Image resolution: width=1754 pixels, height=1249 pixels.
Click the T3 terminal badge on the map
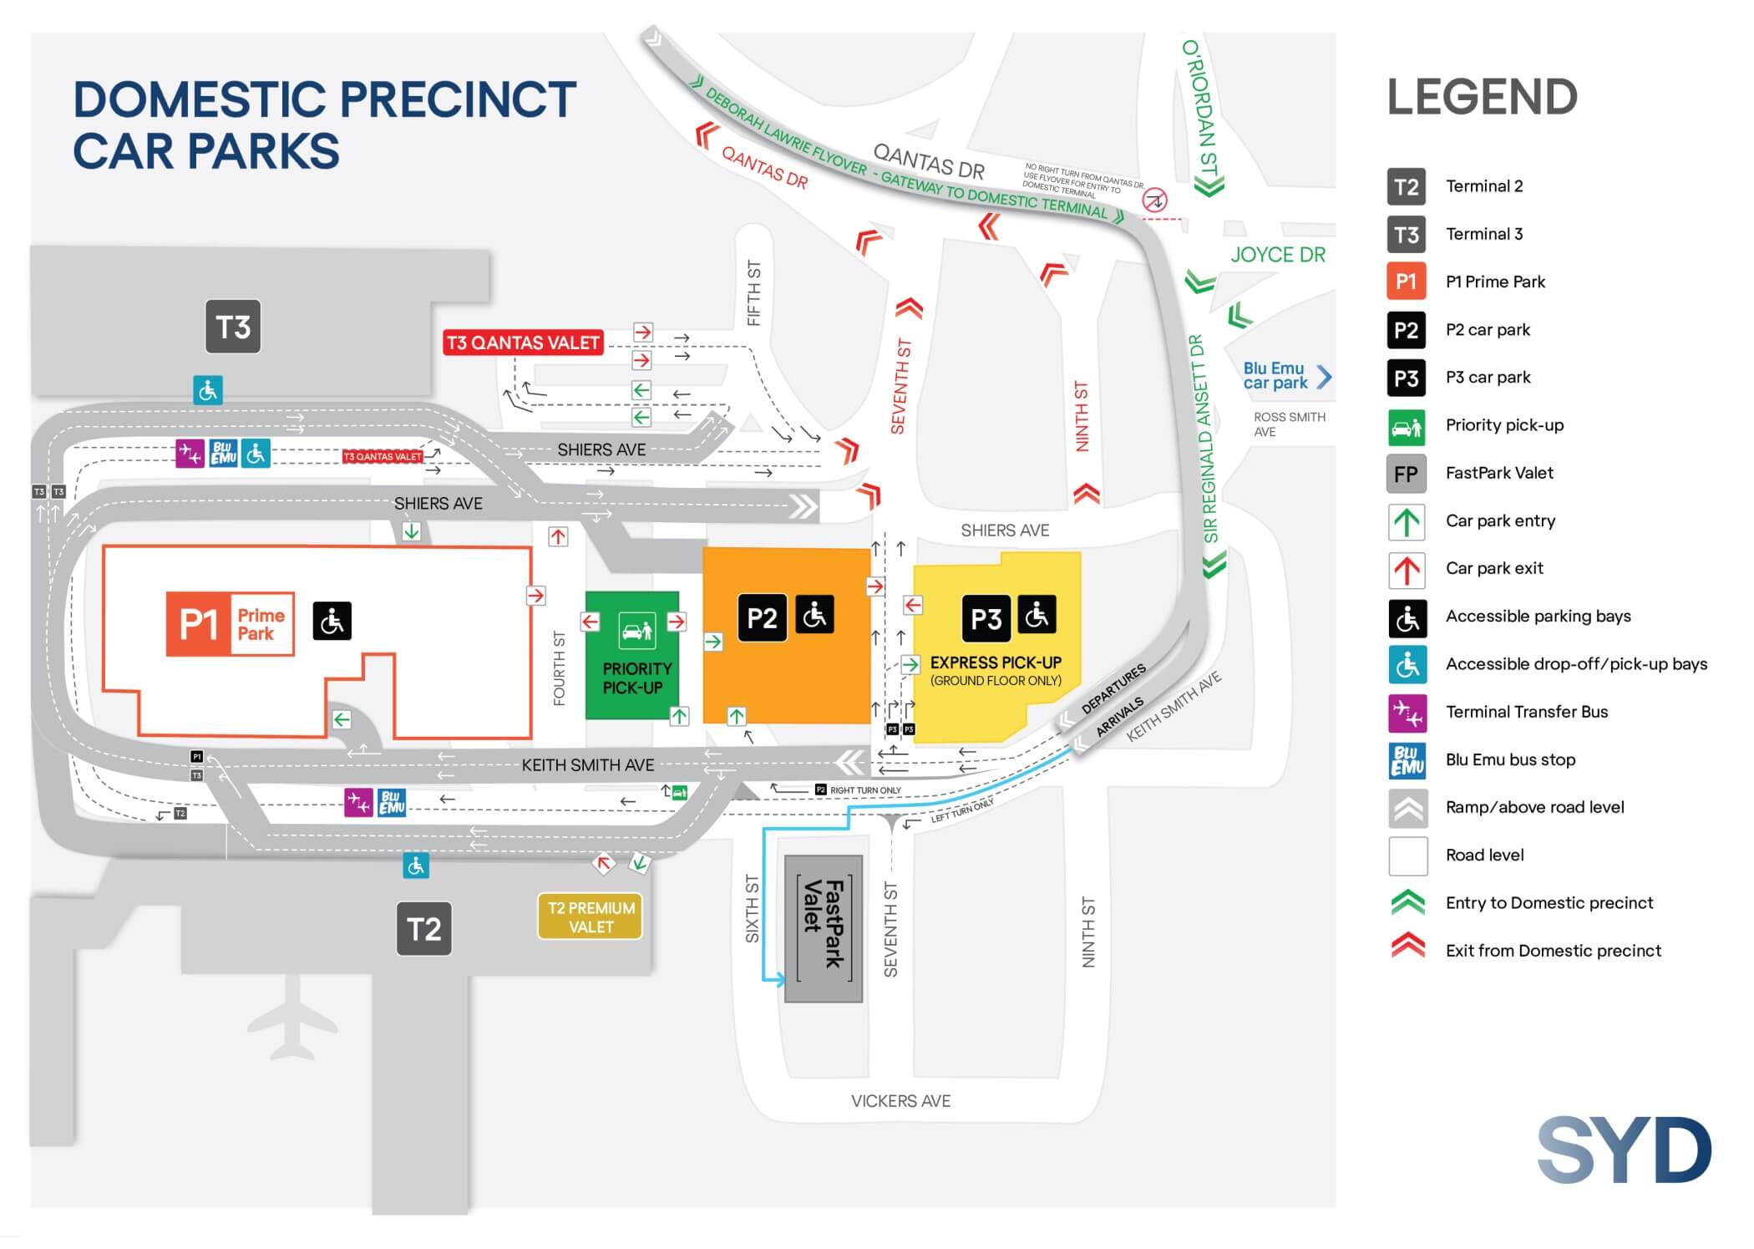233,327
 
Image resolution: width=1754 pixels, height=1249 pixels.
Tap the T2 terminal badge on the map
423,929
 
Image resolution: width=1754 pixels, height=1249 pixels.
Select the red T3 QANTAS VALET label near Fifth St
523,343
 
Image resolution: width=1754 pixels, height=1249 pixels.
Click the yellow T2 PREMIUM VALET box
591,917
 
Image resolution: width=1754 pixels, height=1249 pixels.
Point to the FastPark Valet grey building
823,928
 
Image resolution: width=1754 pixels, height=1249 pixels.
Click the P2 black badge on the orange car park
762,618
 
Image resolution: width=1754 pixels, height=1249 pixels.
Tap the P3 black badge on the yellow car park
986,619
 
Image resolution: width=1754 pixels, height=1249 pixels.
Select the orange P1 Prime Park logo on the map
231,624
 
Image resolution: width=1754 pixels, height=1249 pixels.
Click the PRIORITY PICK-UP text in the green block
636,678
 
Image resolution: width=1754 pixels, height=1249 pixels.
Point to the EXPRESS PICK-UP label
996,663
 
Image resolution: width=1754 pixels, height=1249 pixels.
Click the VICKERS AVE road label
900,1101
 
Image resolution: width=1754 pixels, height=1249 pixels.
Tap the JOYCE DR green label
1277,255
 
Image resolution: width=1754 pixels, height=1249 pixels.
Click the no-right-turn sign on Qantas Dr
1154,201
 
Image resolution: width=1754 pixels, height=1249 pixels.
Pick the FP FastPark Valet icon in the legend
1407,474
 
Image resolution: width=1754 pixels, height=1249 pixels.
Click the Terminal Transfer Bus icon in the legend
1407,713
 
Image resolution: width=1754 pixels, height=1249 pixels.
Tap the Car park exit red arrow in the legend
1407,569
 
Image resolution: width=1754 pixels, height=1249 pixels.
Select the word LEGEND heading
1482,98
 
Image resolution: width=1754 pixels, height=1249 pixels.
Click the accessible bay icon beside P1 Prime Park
332,621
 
